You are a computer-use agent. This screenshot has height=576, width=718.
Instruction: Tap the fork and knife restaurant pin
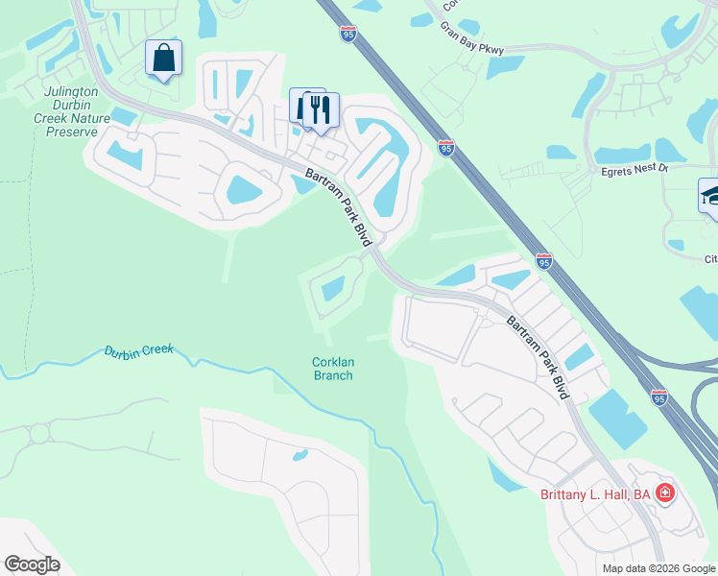click(321, 108)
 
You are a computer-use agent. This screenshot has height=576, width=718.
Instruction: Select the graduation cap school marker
click(711, 197)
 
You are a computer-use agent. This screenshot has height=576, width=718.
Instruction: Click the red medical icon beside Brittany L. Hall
click(664, 493)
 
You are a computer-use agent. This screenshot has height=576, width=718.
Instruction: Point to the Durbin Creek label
click(138, 350)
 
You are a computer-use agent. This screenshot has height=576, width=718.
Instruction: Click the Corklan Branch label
click(333, 369)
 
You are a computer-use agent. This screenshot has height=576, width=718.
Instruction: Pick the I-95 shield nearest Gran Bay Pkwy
click(348, 35)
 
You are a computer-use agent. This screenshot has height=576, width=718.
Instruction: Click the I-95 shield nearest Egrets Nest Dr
click(446, 147)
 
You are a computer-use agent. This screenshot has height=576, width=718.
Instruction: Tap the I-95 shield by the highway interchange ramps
click(658, 396)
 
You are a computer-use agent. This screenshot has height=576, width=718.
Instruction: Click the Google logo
click(31, 564)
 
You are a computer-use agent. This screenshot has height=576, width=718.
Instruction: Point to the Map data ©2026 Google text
click(658, 568)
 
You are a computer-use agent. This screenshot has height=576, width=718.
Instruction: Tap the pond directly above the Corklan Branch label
click(333, 288)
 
